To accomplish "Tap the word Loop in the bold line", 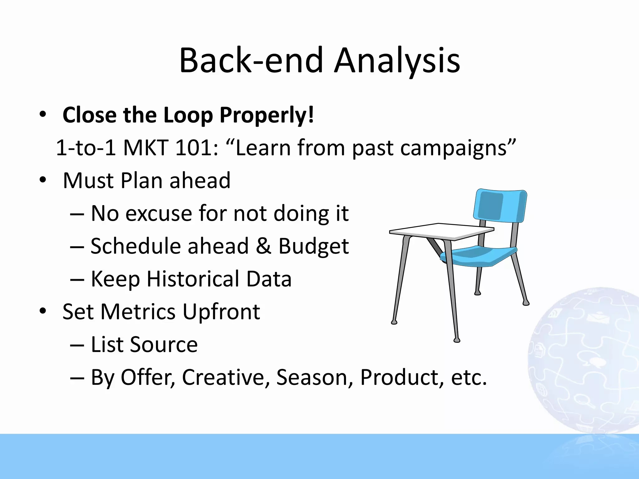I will (x=188, y=115).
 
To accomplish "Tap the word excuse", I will (x=159, y=214).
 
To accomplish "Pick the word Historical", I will (x=193, y=279).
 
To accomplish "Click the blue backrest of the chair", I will (x=499, y=206).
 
